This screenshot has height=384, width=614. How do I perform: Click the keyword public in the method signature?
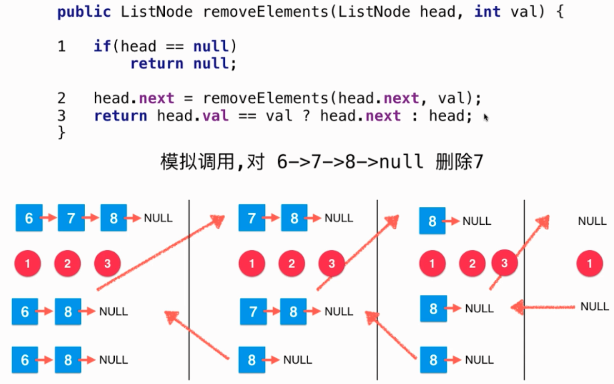coord(84,12)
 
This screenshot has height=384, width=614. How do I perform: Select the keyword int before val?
coord(487,12)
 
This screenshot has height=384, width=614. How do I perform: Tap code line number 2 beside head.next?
coord(61,98)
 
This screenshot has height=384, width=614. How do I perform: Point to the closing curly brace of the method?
coord(61,132)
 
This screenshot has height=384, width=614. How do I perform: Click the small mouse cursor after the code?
coord(486,117)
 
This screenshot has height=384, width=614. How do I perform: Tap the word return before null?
coord(157,64)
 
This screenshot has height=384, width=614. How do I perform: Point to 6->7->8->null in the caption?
coord(350,162)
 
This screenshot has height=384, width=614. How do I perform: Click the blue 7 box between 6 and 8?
coord(71,218)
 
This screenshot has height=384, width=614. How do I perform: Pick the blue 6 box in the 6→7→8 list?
coord(29,218)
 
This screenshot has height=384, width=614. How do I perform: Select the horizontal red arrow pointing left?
coord(544,307)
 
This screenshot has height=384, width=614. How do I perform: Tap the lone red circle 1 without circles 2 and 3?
coord(590,264)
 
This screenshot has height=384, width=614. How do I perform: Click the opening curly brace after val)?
coord(559,12)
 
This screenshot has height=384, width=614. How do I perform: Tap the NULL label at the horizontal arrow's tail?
coord(595,307)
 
